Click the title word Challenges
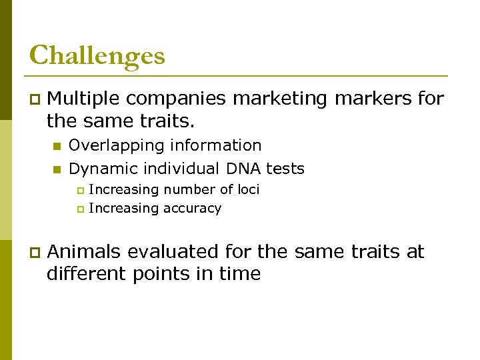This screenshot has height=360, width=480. (x=97, y=55)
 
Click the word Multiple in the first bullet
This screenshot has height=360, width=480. (x=84, y=99)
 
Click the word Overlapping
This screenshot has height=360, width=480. (x=115, y=145)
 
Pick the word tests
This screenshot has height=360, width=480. (x=285, y=169)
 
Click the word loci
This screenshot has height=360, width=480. (x=249, y=189)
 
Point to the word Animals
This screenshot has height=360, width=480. (x=84, y=252)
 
